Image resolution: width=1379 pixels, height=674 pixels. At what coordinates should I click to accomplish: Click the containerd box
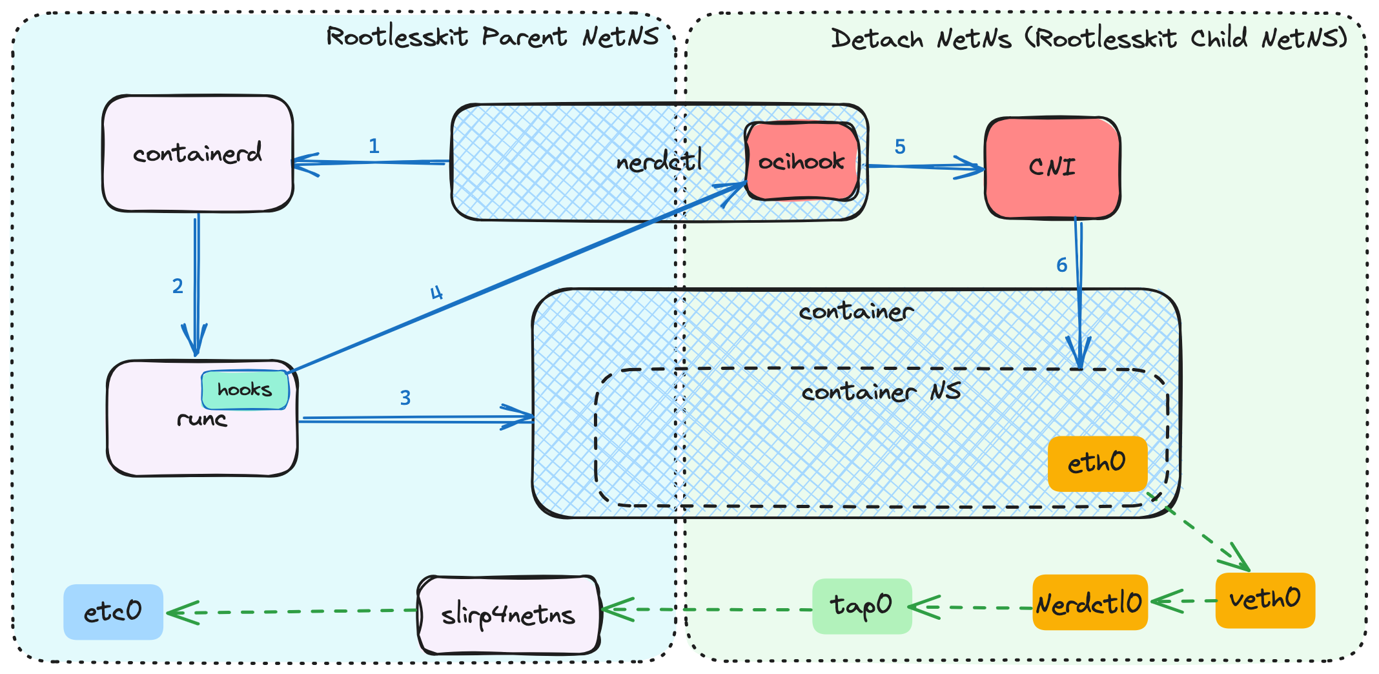[x=198, y=154]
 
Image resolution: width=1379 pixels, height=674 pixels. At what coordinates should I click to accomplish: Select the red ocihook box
[x=801, y=161]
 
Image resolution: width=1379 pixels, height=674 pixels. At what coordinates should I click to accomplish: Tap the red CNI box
[x=1052, y=168]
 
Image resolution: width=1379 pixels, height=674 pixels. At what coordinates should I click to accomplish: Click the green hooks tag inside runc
[x=245, y=390]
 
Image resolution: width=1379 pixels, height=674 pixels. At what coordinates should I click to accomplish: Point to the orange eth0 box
[x=1097, y=464]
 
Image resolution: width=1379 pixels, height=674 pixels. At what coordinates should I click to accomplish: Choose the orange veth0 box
[x=1265, y=600]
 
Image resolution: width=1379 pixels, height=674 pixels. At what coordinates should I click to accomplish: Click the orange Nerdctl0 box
[x=1090, y=603]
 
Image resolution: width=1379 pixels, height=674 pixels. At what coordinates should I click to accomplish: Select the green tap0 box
[x=862, y=606]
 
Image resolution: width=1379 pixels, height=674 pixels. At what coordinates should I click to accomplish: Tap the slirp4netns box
[x=509, y=615]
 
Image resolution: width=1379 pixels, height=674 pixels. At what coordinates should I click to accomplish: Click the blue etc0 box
[x=113, y=611]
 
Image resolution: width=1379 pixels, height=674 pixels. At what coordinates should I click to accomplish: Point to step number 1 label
[x=374, y=147]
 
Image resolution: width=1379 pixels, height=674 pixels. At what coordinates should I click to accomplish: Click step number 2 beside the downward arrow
[x=178, y=286]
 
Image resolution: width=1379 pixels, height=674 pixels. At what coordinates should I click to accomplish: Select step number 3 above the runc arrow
[x=405, y=398]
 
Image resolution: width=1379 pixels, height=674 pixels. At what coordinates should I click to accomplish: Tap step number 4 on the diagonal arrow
[x=437, y=294]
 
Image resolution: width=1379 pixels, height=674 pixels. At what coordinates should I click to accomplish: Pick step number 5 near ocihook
[x=900, y=147]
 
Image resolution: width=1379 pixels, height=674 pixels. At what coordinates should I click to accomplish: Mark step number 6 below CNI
[x=1061, y=265]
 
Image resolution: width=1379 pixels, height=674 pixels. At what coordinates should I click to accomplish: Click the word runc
[x=202, y=420]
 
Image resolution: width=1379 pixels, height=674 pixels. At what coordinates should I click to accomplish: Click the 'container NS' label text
[x=881, y=392]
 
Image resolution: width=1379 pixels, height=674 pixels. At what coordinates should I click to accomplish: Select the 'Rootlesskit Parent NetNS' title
[x=493, y=37]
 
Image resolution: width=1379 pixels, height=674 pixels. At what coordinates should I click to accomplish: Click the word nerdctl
[x=659, y=161]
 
